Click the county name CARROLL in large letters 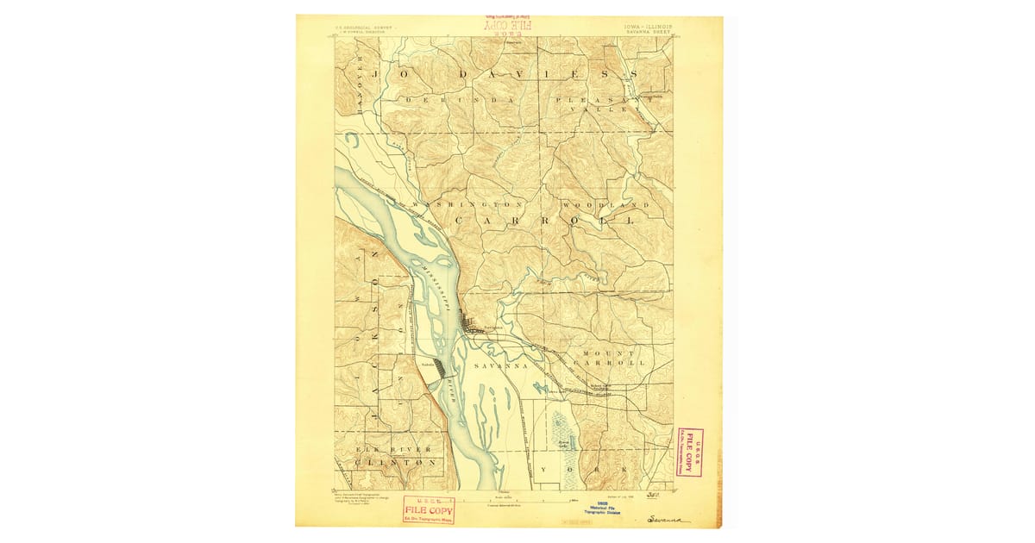[x=544, y=222]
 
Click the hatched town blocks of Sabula [x=441, y=368]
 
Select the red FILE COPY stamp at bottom [x=429, y=509]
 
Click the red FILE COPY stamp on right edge [x=689, y=452]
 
